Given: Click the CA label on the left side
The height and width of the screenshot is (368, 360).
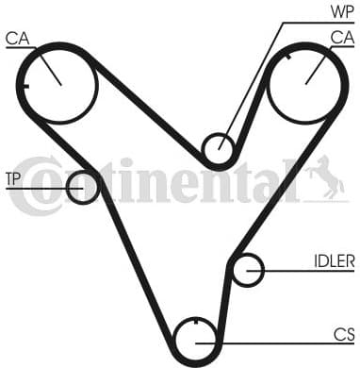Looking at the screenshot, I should (16, 39).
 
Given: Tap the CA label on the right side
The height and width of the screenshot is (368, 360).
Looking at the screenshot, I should (341, 37).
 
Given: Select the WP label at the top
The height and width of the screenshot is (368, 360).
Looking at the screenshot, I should (341, 11).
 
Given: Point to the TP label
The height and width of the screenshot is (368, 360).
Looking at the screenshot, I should (15, 178).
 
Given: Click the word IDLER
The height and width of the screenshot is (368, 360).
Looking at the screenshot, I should (334, 260).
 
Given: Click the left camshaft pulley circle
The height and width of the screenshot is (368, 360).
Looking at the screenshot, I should (58, 84).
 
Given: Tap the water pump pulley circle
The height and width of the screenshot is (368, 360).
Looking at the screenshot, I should (219, 148).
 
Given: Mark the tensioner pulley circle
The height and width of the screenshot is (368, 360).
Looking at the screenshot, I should (83, 187).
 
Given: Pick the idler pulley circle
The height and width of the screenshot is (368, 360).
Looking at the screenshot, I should (247, 271).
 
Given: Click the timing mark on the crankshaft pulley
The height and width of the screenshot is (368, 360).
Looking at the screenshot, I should (195, 326).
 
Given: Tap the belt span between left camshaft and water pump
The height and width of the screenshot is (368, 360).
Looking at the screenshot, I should (151, 110).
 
